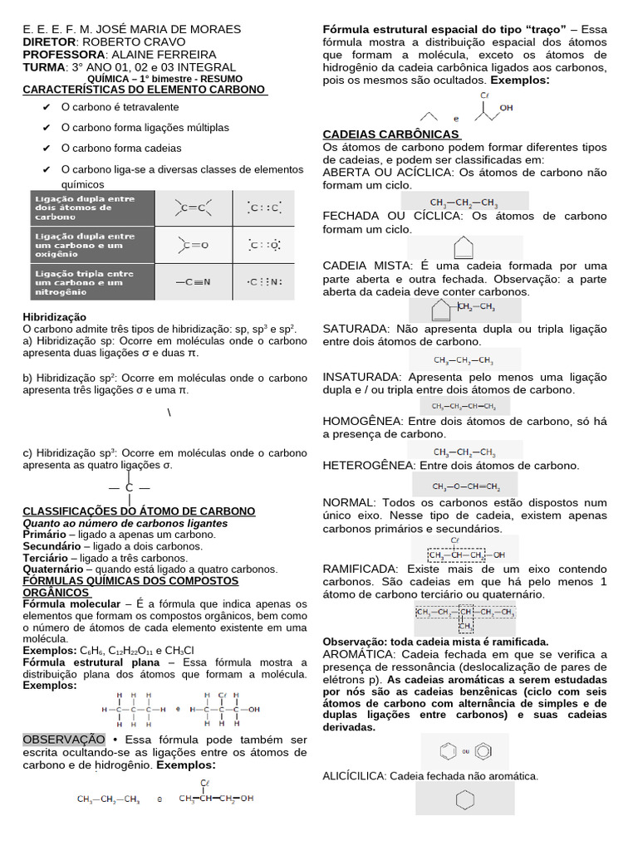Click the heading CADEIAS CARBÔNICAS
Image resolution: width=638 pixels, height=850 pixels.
pyautogui.click(x=390, y=134)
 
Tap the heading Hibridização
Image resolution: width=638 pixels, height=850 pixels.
pyautogui.click(x=54, y=317)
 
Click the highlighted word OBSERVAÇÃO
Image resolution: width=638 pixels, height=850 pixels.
pyautogui.click(x=64, y=740)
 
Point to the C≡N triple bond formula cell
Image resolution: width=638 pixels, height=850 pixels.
pyautogui.click(x=193, y=281)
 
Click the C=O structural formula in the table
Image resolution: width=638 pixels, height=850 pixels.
pyautogui.click(x=193, y=244)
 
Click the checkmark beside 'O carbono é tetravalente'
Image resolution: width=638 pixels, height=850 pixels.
pyautogui.click(x=46, y=108)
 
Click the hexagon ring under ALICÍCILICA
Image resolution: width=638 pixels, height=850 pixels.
pyautogui.click(x=464, y=800)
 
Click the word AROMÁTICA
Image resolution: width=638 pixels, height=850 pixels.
pyautogui.click(x=358, y=655)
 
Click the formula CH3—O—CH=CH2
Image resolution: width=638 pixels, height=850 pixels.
pyautogui.click(x=465, y=486)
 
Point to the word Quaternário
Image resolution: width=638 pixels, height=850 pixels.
pyautogui.click(x=52, y=569)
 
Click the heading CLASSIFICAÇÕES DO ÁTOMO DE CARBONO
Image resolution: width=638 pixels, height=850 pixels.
pyautogui.click(x=139, y=511)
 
